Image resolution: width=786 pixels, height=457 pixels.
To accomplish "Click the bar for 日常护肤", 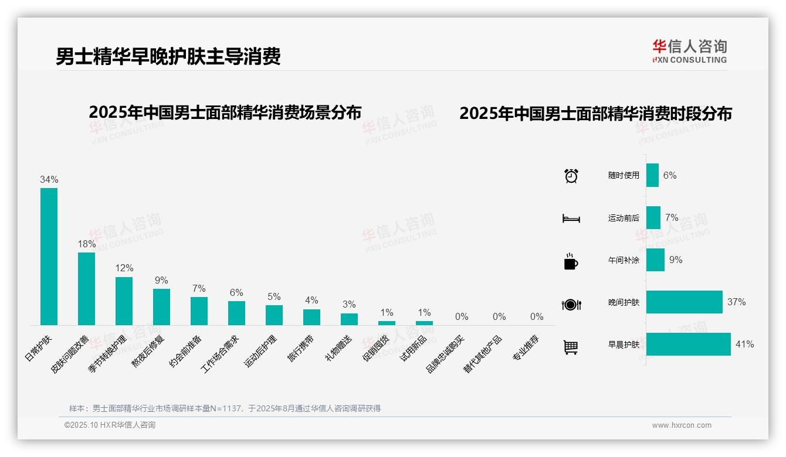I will (x=49, y=257).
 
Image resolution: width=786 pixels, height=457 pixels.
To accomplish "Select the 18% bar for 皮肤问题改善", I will (x=86, y=289).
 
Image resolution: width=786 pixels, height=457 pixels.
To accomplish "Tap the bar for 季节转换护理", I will (x=124, y=301).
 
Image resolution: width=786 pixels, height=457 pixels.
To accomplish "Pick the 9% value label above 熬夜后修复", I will (x=161, y=281).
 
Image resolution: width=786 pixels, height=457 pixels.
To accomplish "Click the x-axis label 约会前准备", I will (x=186, y=351).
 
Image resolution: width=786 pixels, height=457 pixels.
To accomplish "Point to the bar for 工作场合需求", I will (x=236, y=313).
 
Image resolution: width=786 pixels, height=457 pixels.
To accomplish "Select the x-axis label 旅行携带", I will (x=301, y=348).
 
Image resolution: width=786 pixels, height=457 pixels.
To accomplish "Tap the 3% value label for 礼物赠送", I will (x=349, y=305).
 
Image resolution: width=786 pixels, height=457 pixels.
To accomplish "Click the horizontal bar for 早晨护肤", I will (x=689, y=345).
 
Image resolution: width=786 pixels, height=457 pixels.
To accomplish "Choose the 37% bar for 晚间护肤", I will (x=685, y=302).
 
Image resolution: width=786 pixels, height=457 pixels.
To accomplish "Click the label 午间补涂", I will (x=624, y=260).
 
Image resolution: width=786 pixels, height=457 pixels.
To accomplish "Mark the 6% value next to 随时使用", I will (x=670, y=175).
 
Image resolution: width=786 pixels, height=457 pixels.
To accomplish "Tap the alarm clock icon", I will (x=571, y=176).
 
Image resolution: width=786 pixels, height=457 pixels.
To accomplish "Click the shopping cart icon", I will (x=571, y=347).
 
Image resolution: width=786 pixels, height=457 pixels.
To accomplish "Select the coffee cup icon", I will (x=571, y=261).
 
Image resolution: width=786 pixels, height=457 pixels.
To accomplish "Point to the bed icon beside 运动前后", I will (x=571, y=219).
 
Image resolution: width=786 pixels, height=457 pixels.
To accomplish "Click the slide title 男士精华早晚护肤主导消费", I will (x=168, y=56).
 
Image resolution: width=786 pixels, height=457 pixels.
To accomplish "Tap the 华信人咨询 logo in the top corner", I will (x=689, y=51).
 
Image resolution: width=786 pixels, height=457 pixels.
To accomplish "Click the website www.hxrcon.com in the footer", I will (x=682, y=425).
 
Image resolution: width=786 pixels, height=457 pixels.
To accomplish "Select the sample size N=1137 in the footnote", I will (x=226, y=408).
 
